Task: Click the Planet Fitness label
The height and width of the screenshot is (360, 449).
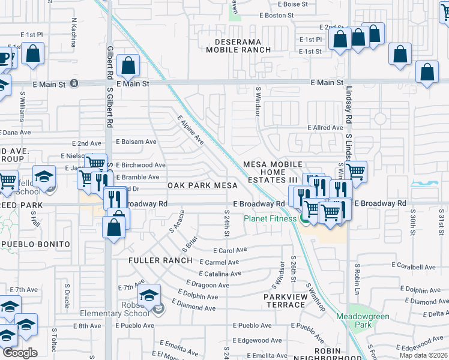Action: click(x=270, y=218)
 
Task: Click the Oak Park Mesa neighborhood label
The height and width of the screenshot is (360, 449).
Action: click(x=202, y=185)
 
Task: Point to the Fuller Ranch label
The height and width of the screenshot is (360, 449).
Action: click(x=160, y=260)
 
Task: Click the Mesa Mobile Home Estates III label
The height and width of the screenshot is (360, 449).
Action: click(x=270, y=172)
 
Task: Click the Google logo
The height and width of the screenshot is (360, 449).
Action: click(x=20, y=353)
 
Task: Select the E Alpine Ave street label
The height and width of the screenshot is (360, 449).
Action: click(x=190, y=130)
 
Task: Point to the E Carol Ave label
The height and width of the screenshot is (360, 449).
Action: click(x=230, y=250)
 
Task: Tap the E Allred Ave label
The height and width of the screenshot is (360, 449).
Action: click(x=325, y=128)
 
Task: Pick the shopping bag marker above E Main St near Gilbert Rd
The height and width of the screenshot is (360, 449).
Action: click(x=128, y=65)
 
